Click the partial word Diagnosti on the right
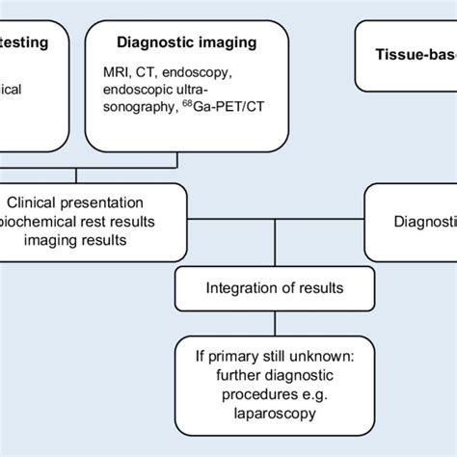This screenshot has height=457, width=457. coord(423,221)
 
